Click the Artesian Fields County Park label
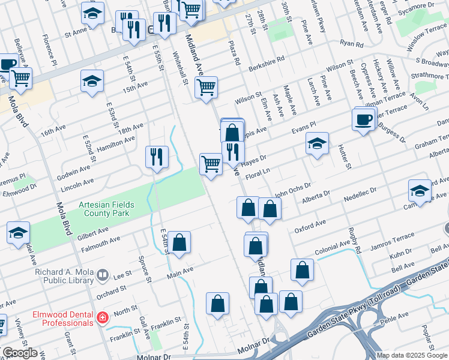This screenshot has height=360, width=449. click(106, 209)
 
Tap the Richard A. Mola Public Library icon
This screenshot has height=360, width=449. click(102, 275)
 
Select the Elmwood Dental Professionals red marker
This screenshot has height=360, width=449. click(103, 316)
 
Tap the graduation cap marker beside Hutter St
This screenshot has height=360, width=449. click(317, 144)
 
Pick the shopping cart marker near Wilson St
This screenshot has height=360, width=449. click(206, 87)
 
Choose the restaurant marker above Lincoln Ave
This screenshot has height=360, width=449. click(156, 157)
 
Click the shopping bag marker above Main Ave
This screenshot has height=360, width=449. click(179, 243)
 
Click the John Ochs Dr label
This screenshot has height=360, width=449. click(293, 190)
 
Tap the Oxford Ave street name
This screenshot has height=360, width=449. click(310, 227)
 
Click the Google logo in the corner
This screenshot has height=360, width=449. click(19, 353)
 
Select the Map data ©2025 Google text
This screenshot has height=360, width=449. click(412, 355)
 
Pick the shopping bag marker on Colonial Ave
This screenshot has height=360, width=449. click(256, 246)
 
